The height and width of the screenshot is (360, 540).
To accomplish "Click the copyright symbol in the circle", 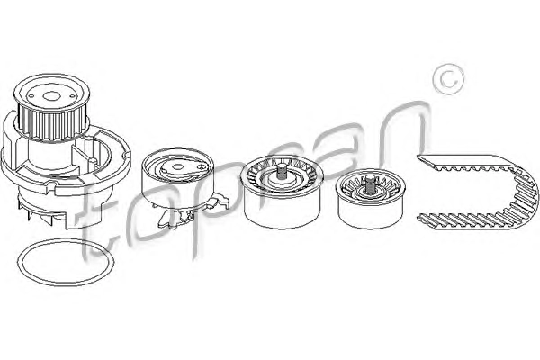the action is tap(448, 79).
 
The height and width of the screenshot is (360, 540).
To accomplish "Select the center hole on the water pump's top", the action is tap(51, 97).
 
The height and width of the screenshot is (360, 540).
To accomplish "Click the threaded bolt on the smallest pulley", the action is tap(370, 183).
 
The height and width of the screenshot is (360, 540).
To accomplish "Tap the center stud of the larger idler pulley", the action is tap(282, 171).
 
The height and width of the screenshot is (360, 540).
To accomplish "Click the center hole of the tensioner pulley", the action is tap(177, 167).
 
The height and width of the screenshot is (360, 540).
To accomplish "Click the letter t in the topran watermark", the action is tap(98, 210).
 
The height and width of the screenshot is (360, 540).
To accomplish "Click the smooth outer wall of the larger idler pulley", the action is tap(281, 210).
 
